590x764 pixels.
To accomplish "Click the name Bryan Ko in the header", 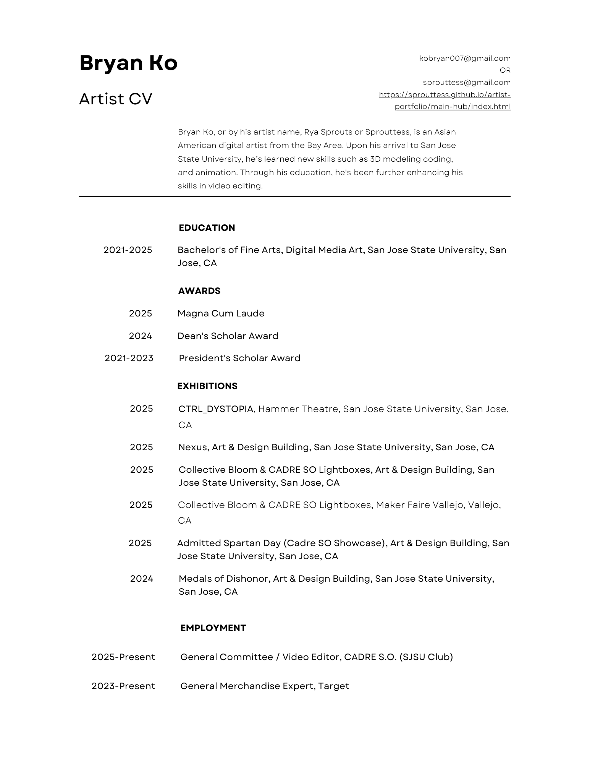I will [128, 63].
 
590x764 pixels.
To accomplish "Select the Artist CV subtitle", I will [115, 99].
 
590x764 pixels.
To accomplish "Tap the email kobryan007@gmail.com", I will [465, 58].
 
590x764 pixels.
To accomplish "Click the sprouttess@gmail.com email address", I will [466, 82].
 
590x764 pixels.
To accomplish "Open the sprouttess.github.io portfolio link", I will [445, 100].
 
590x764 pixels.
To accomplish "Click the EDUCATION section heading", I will [207, 228].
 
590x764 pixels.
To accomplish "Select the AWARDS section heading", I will [199, 291].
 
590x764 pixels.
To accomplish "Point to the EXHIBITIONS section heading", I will [207, 386].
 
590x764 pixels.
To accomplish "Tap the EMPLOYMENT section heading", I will [213, 628].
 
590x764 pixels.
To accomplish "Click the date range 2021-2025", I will [128, 250].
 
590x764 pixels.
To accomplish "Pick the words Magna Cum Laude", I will [221, 313].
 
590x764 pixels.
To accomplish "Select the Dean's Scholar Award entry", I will [228, 336].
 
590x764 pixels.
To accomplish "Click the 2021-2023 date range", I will [129, 358].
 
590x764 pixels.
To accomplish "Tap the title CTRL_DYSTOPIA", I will [216, 409].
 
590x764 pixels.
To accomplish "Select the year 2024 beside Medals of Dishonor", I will [141, 579].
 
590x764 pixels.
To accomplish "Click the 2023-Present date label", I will [123, 686].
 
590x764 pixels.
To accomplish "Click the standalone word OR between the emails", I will [505, 70].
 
